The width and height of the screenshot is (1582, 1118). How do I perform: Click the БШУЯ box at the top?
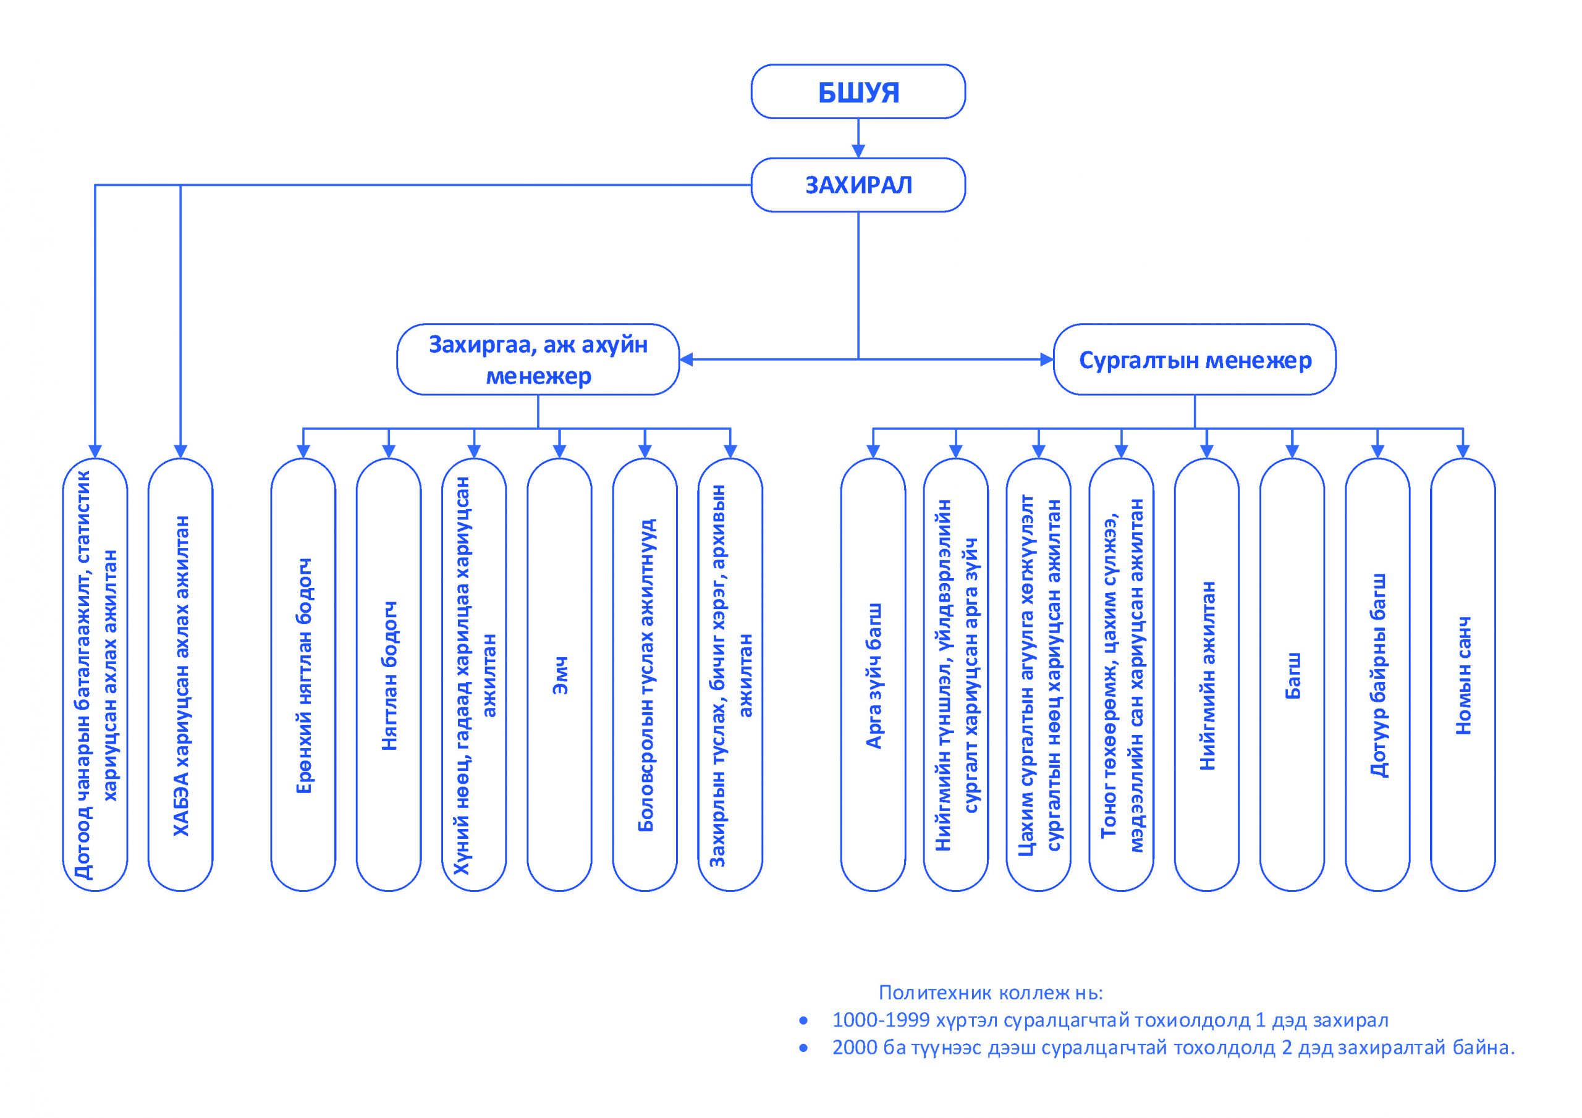(858, 91)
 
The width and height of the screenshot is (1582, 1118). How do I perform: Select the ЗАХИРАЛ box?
(858, 185)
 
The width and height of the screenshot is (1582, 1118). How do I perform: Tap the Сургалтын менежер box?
(1194, 359)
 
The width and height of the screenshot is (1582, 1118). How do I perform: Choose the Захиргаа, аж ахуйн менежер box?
(538, 359)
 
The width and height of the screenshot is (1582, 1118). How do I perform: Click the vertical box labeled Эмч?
(559, 675)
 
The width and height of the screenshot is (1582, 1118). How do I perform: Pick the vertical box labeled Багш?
(1292, 675)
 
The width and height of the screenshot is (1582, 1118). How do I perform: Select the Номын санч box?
(1463, 675)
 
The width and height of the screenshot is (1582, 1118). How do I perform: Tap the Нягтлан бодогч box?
(389, 675)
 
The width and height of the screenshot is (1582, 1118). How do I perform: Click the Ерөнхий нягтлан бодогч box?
(303, 675)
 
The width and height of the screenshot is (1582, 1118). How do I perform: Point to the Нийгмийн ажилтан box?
(1206, 675)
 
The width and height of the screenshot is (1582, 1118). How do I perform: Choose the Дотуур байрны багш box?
(1377, 675)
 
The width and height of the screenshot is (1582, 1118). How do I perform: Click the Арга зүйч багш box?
(873, 675)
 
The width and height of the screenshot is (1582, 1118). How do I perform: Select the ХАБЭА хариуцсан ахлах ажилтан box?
(180, 675)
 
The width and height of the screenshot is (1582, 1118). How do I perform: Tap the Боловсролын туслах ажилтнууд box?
(645, 675)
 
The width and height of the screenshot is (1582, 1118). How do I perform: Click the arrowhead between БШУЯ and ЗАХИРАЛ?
(858, 151)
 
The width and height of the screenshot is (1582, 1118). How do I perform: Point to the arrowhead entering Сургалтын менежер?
(1047, 359)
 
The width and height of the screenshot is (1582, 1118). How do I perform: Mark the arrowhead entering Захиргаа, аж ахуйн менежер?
(687, 359)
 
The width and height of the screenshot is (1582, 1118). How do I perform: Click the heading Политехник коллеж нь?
(991, 993)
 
